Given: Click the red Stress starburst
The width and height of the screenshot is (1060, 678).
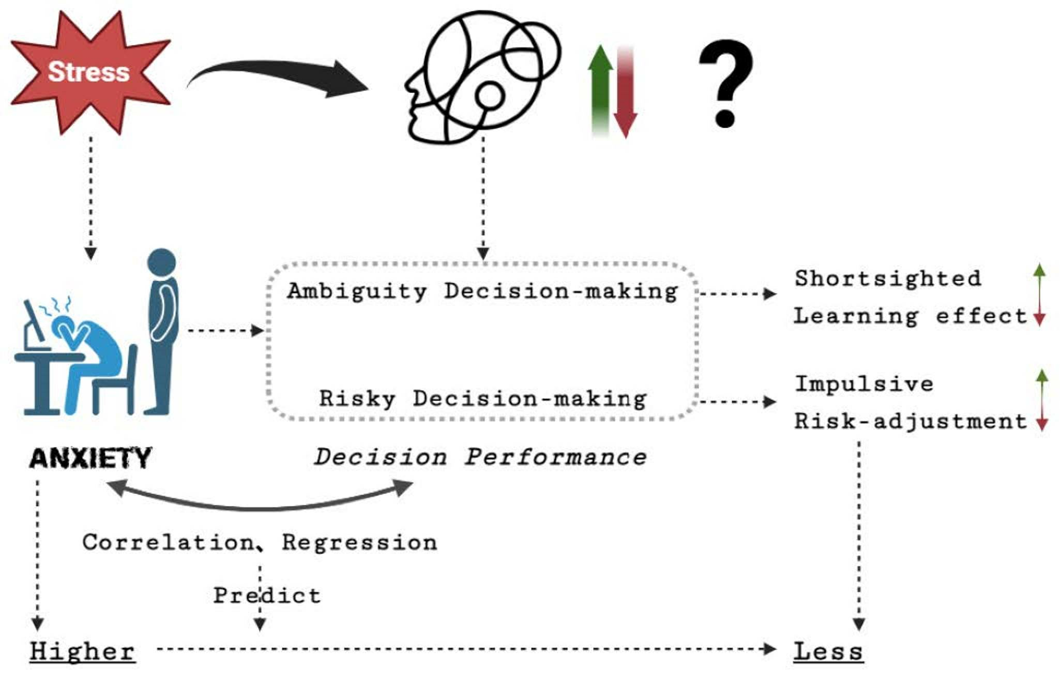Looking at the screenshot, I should (89, 72).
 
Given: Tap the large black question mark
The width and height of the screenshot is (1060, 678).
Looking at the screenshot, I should (725, 83).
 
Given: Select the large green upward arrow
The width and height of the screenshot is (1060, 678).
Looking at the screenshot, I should (600, 88).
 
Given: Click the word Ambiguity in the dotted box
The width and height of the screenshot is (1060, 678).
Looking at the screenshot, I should (357, 291).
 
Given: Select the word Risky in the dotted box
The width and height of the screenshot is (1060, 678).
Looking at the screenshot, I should (357, 399).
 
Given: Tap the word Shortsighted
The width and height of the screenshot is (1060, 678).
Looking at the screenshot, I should (887, 279).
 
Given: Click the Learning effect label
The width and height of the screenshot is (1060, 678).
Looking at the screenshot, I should (910, 316).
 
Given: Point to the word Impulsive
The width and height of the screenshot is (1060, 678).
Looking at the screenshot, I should (864, 384).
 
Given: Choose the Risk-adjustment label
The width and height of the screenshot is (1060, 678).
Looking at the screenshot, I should (910, 422).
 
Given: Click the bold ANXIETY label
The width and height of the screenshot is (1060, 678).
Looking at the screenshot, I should (90, 458).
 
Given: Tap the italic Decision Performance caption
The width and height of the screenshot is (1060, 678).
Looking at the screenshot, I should (480, 457).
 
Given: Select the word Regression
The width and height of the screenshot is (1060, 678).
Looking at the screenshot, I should (359, 543).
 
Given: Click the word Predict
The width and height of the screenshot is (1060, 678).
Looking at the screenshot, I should (267, 596).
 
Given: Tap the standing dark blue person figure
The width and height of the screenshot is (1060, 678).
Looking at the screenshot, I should (162, 331).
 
